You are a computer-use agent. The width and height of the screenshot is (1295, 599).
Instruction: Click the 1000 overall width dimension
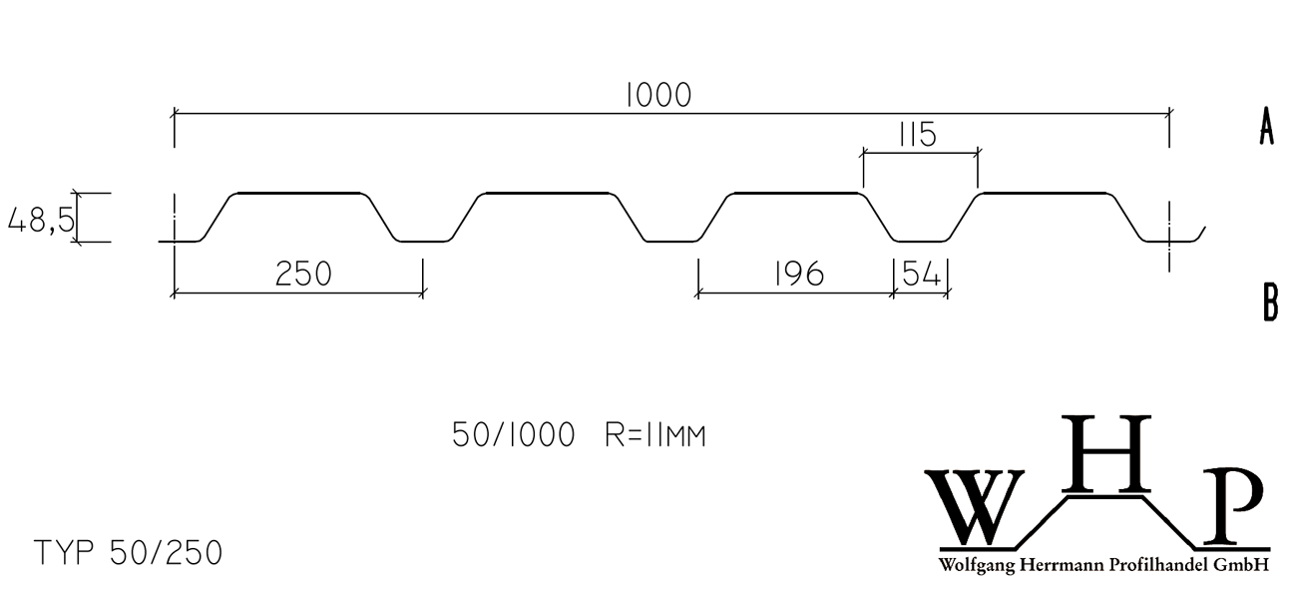click(659, 96)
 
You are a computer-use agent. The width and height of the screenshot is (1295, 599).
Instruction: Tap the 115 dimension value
click(918, 135)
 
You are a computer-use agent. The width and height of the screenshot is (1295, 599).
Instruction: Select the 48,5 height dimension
click(41, 221)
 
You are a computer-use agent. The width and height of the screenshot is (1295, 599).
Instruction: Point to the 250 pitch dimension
click(303, 274)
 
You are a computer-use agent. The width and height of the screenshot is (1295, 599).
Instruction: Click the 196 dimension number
click(798, 274)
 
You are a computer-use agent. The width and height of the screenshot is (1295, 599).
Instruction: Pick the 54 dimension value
click(922, 274)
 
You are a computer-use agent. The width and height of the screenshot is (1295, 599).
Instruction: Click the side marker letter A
click(1267, 126)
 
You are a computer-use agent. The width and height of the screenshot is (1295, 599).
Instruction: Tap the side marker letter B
click(1270, 302)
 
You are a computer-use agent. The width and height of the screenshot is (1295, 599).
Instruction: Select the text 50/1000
click(514, 434)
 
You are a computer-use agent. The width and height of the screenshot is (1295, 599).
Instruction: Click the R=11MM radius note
click(655, 435)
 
